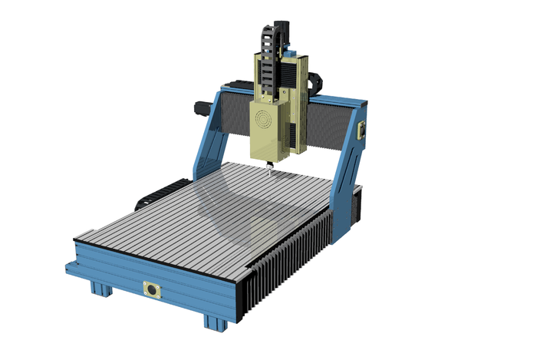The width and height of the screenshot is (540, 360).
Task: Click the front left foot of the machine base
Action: coord(100,289)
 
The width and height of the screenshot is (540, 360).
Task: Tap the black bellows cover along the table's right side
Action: coord(291,257)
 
